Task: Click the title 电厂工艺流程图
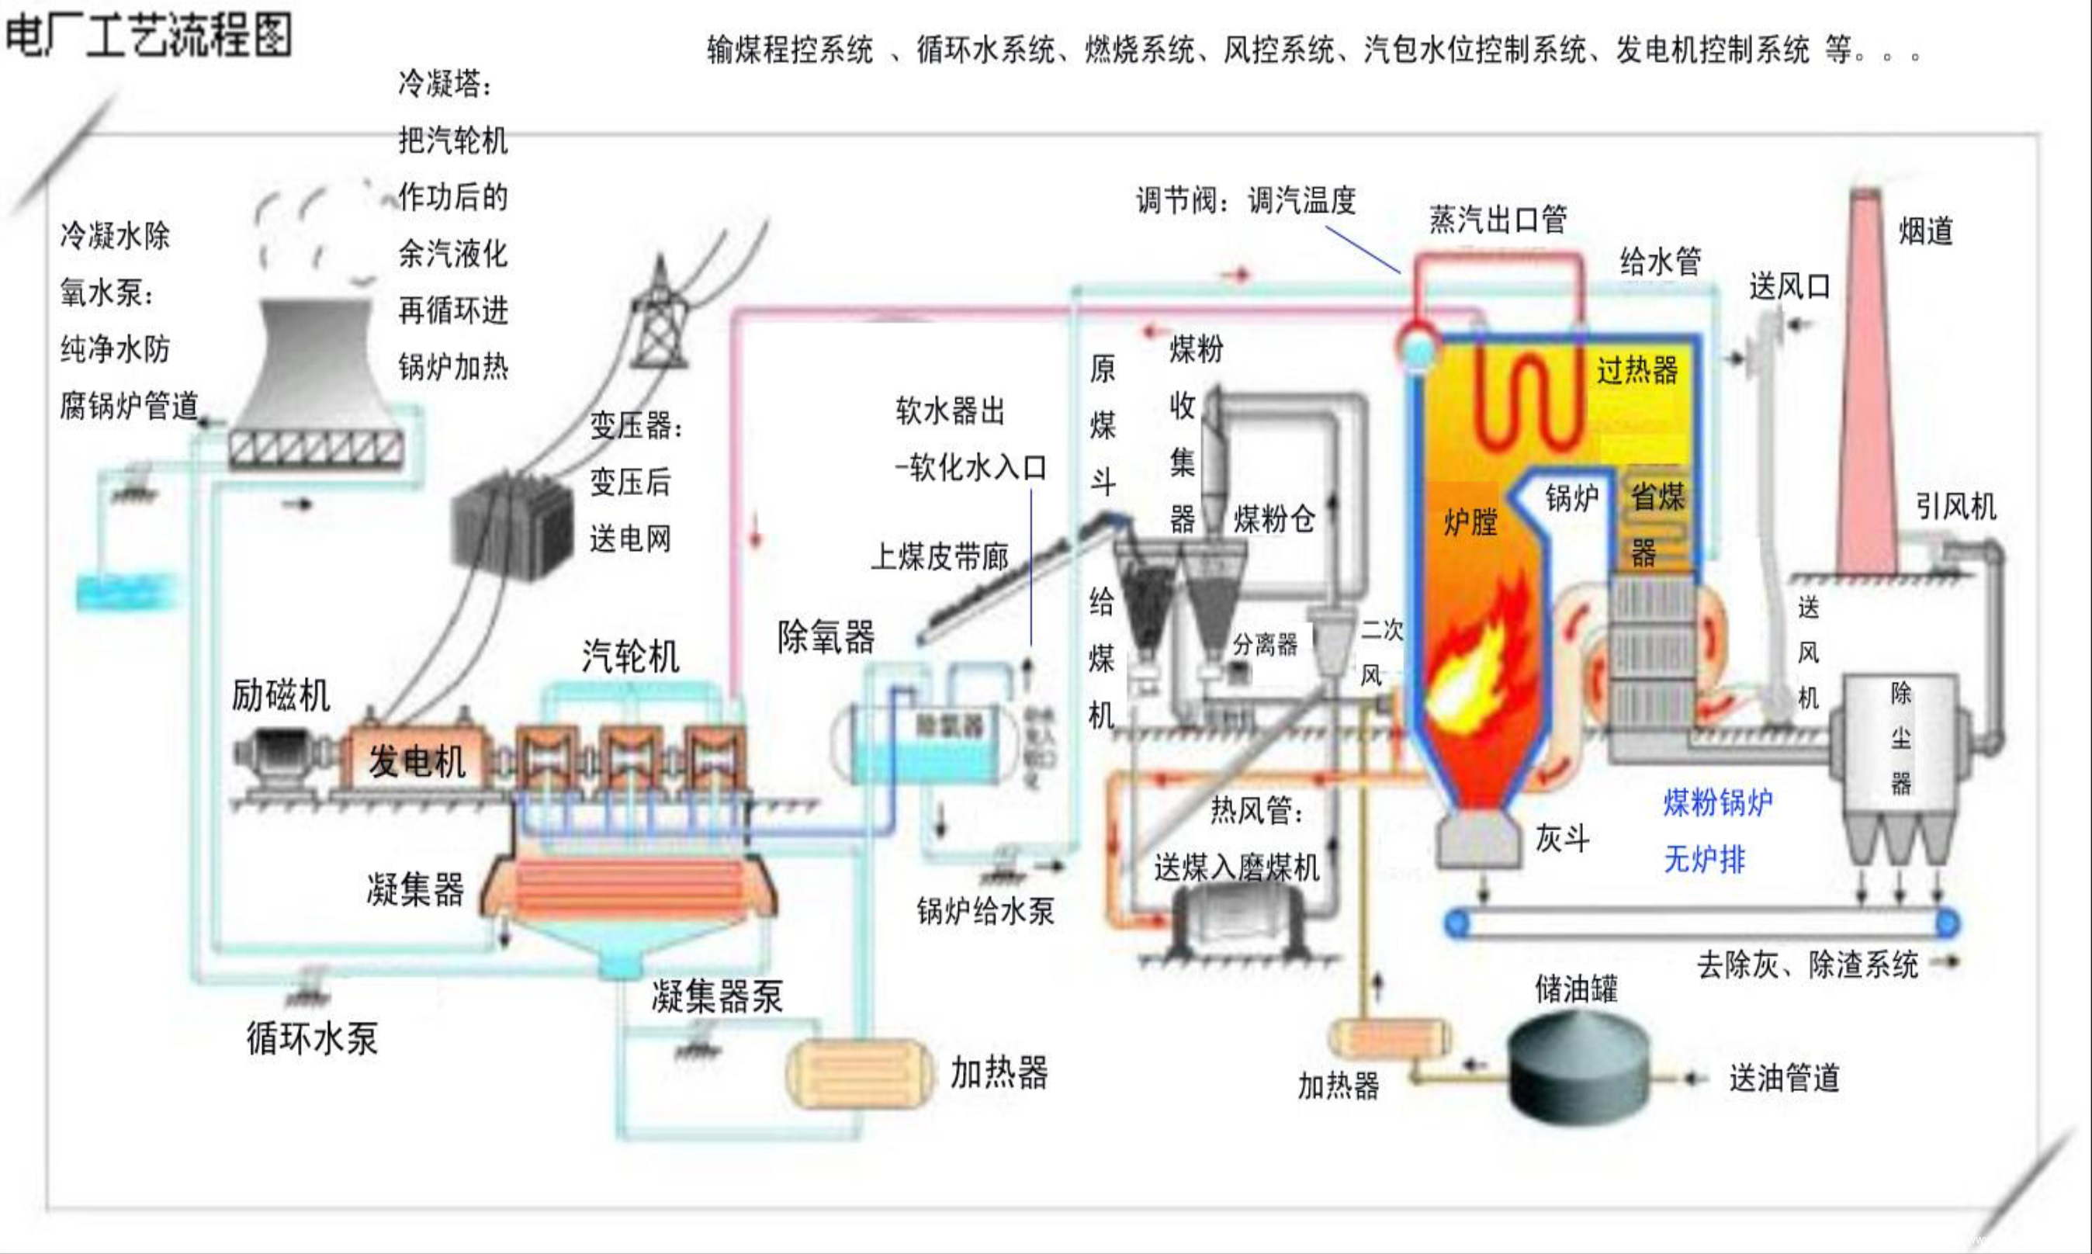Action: [149, 36]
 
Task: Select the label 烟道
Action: [1927, 230]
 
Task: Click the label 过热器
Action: [1637, 370]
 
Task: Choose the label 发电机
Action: [417, 761]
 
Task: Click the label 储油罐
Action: [1576, 988]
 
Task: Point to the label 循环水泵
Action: [312, 1038]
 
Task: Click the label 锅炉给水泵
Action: [985, 911]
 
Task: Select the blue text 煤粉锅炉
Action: [1718, 802]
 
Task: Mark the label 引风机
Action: [1956, 507]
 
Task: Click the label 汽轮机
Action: [630, 656]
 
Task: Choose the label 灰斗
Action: [1562, 838]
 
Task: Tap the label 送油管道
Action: [1784, 1078]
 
